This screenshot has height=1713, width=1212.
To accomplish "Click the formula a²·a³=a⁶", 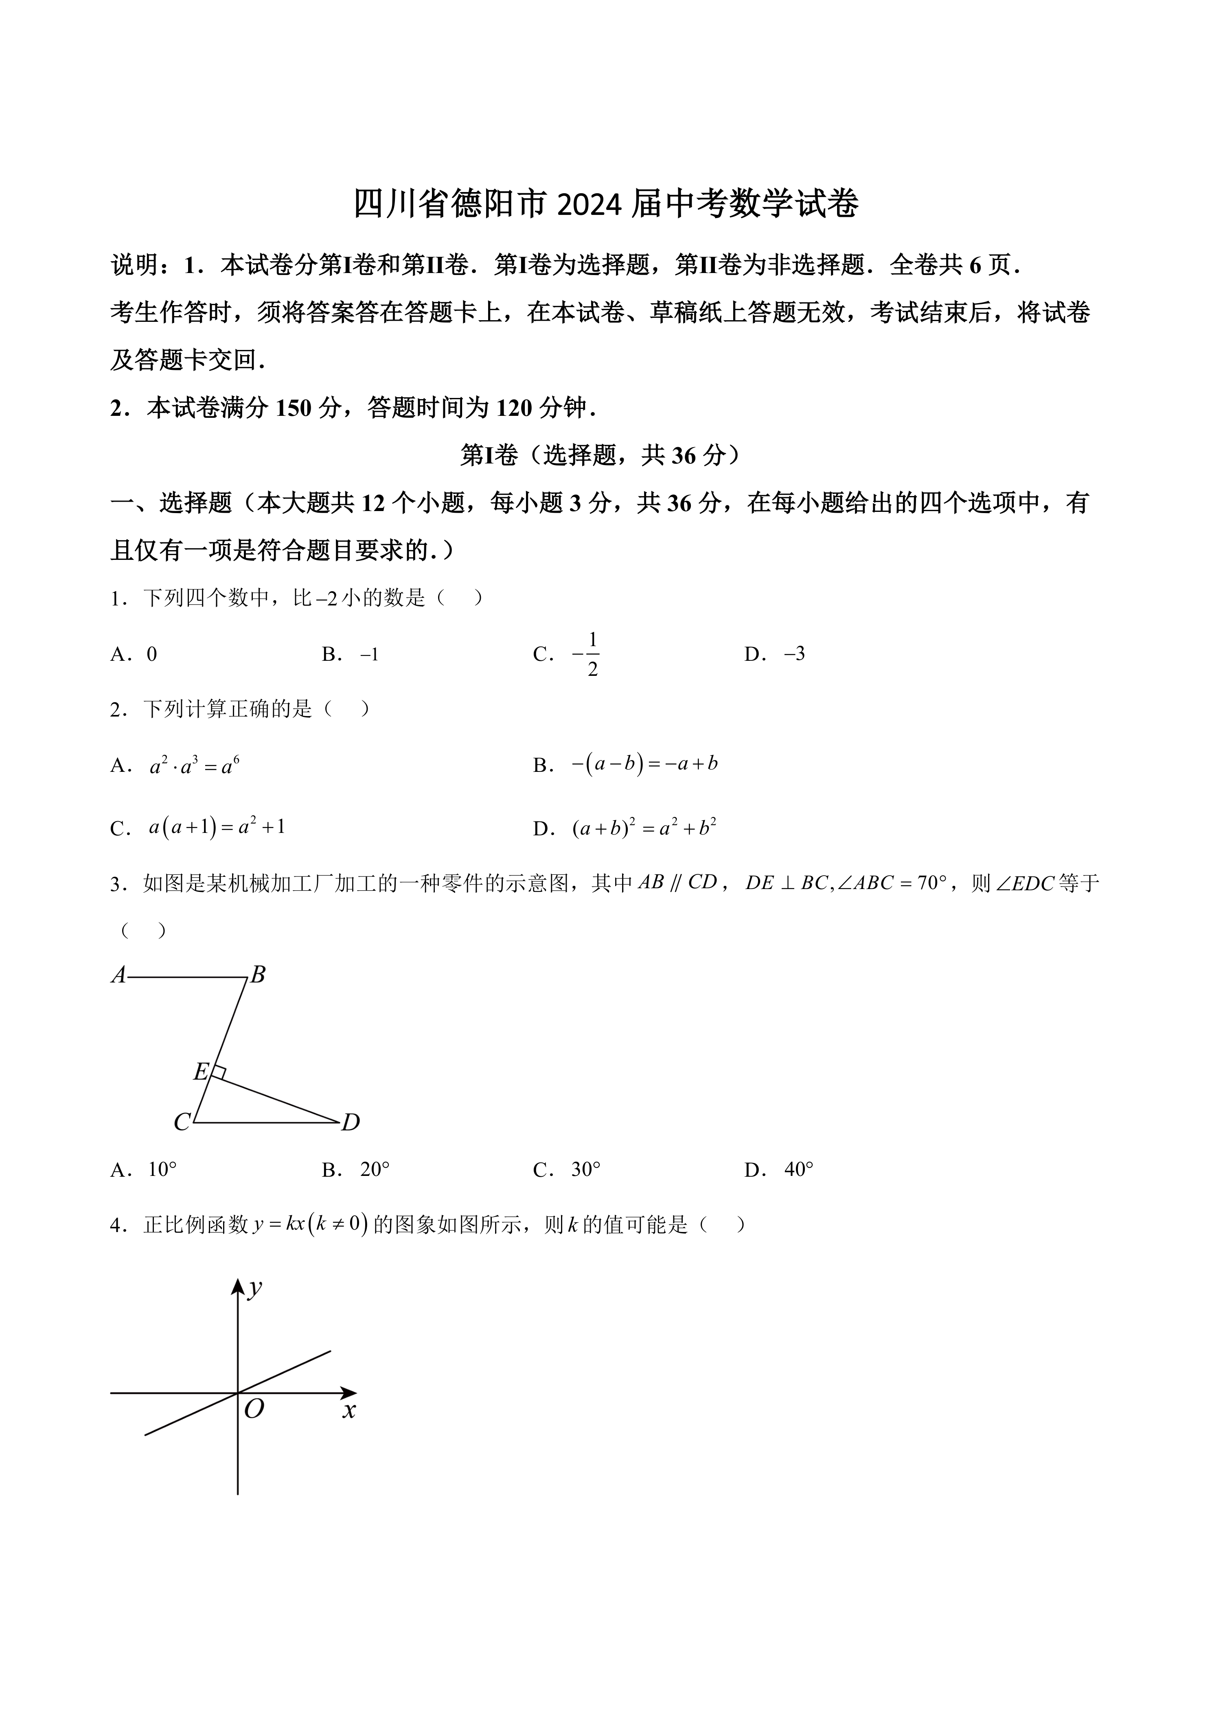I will point(194,765).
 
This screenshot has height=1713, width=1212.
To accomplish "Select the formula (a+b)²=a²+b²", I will point(645,828).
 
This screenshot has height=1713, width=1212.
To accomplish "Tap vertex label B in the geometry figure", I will point(257,974).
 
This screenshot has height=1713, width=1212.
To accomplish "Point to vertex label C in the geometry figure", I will point(181,1123).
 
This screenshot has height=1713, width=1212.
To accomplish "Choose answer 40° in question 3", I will point(798,1170).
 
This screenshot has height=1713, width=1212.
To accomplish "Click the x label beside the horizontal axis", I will point(348,1410).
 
